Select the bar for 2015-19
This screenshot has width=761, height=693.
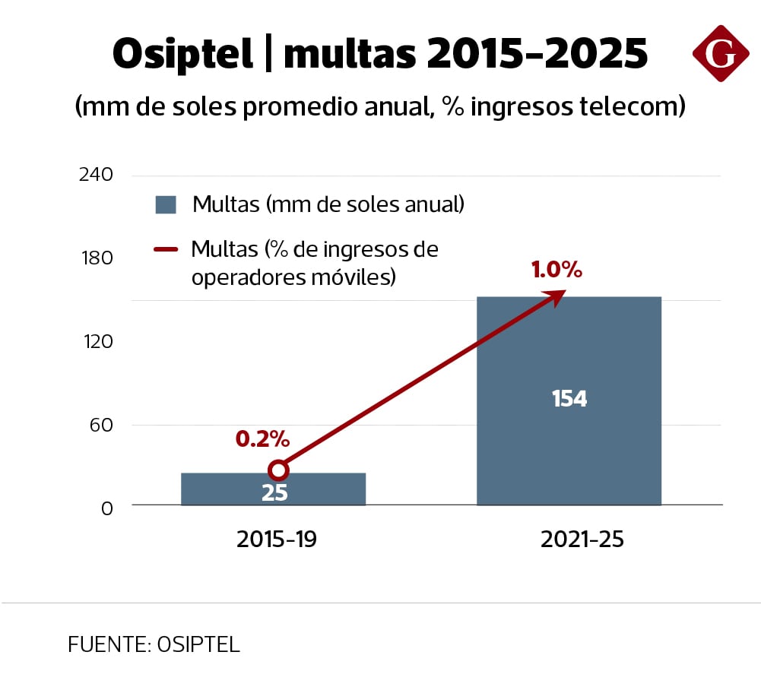(274, 489)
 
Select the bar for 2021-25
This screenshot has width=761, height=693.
(569, 350)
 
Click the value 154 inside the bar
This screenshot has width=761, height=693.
(569, 398)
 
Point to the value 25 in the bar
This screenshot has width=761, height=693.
(274, 493)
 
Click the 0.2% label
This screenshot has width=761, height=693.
(262, 438)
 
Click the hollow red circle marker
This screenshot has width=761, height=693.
(279, 470)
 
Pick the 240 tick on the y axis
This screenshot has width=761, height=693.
(96, 175)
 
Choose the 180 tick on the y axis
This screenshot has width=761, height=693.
(97, 258)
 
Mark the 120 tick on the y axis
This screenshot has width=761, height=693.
(97, 341)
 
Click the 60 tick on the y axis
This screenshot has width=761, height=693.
(101, 424)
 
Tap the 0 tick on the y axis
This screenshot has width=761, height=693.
(107, 508)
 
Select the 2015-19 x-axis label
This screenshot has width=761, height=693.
(276, 540)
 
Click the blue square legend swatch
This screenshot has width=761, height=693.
(166, 204)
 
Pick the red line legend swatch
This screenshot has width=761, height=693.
(166, 249)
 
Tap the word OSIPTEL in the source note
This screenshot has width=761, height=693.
(198, 644)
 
